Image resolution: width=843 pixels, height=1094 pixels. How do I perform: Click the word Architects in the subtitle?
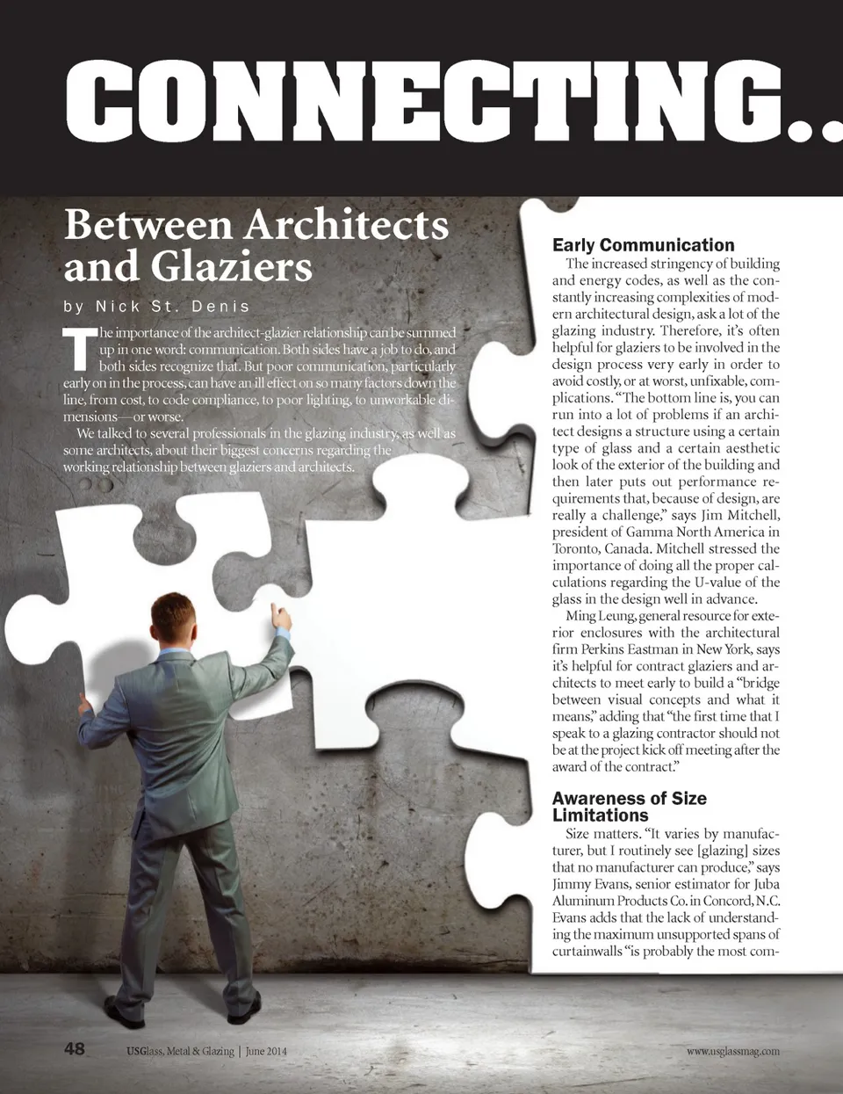346,225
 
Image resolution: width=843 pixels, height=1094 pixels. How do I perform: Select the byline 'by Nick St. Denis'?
157,307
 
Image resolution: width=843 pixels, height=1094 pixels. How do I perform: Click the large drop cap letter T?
79,349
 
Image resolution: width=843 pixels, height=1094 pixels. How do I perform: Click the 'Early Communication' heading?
643,245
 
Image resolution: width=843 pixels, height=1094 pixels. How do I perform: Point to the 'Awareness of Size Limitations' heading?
629,806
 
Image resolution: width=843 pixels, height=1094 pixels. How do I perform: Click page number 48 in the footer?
75,1048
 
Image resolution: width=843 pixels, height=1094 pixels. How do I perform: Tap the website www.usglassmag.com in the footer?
732,1051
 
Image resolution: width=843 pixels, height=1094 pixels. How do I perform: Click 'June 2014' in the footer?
266,1051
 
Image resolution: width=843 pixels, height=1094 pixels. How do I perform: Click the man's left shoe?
124,1013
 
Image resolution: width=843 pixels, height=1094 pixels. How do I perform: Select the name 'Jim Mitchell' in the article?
740,515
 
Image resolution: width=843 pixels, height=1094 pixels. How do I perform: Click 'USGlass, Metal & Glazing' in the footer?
180,1051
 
